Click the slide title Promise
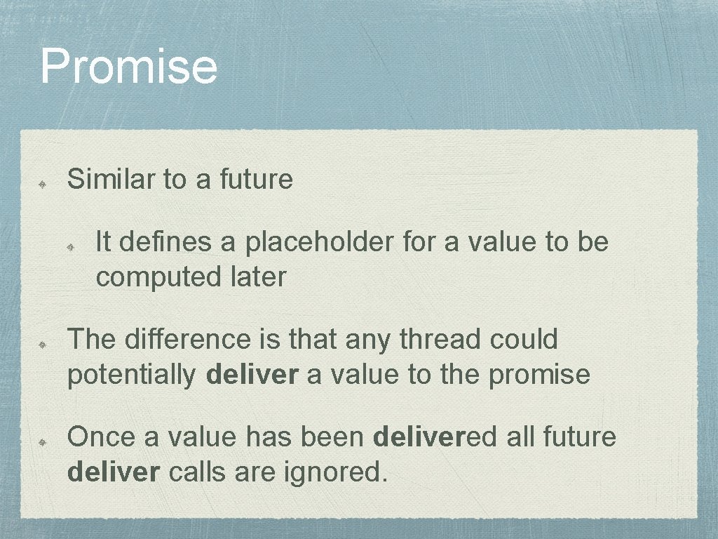coord(128,66)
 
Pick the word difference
coord(187,340)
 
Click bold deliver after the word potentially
coord(252,375)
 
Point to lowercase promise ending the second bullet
coord(539,375)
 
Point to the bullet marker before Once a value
coord(42,441)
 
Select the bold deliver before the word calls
coord(114,472)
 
